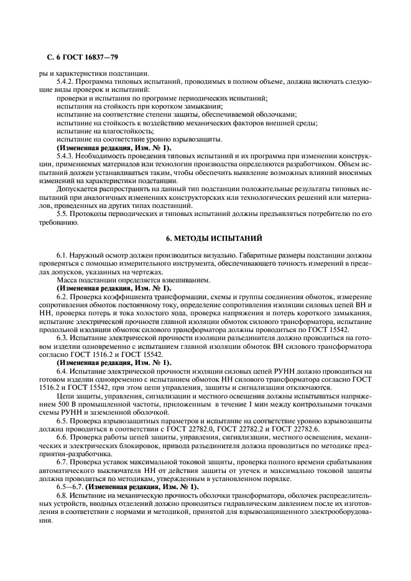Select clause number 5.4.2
65,82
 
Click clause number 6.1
62,255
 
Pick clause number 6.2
62,296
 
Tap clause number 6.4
62,370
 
